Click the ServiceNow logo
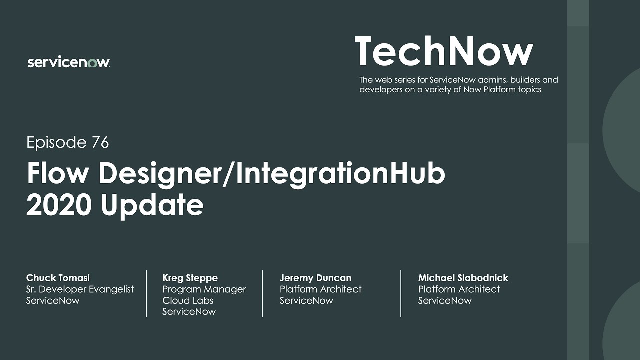pos(69,62)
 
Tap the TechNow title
pos(444,52)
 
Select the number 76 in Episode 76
pos(100,143)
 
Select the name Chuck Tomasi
pos(58,278)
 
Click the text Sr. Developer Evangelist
pos(80,289)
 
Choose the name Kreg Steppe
pos(190,278)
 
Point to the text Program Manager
pos(204,289)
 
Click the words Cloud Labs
pos(188,300)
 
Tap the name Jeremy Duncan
pos(315,278)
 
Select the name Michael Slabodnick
pos(463,278)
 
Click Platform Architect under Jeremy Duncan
pos(320,289)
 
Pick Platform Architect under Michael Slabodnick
pos(459,289)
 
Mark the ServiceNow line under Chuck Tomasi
pos(53,300)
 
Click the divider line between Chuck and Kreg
pos(146,293)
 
